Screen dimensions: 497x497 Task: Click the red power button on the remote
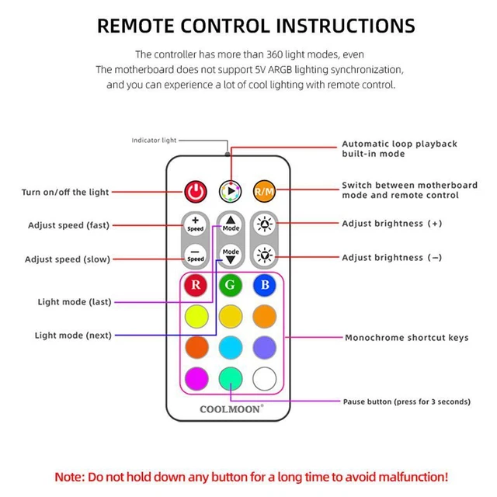click(196, 191)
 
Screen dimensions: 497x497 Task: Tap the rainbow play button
click(231, 191)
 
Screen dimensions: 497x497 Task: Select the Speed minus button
click(196, 255)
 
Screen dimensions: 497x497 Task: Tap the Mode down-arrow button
click(231, 255)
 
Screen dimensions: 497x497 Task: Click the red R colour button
click(196, 285)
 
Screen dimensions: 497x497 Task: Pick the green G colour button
click(231, 285)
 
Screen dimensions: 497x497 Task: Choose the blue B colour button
click(265, 285)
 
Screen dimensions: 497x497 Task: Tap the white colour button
click(265, 377)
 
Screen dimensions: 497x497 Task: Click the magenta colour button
click(196, 377)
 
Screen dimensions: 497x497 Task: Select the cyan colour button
click(231, 346)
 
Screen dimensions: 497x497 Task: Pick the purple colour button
click(265, 346)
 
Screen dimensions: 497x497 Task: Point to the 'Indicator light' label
click(154, 141)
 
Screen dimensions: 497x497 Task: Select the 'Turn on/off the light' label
click(65, 192)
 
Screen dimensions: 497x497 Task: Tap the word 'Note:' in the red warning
click(73, 476)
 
